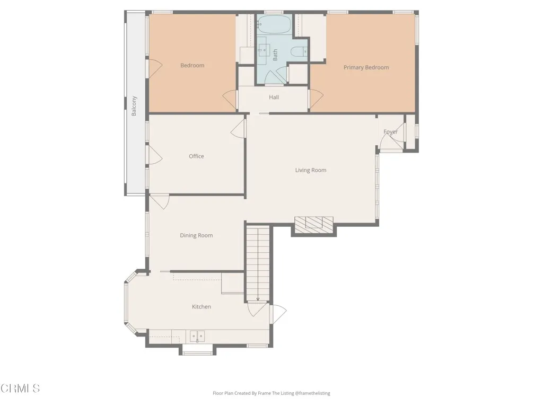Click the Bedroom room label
point(192,66)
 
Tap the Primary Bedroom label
point(366,67)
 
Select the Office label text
point(196,156)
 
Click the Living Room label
point(311,170)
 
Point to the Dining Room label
point(196,235)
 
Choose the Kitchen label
point(202,307)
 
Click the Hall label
point(274,98)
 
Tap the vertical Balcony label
point(134,106)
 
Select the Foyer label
point(390,132)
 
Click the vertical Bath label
point(275,55)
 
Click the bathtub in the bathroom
point(274,24)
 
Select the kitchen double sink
point(197,335)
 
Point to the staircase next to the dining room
point(258,262)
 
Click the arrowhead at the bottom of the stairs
point(258,299)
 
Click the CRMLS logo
point(20,388)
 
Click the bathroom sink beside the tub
point(264,50)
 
